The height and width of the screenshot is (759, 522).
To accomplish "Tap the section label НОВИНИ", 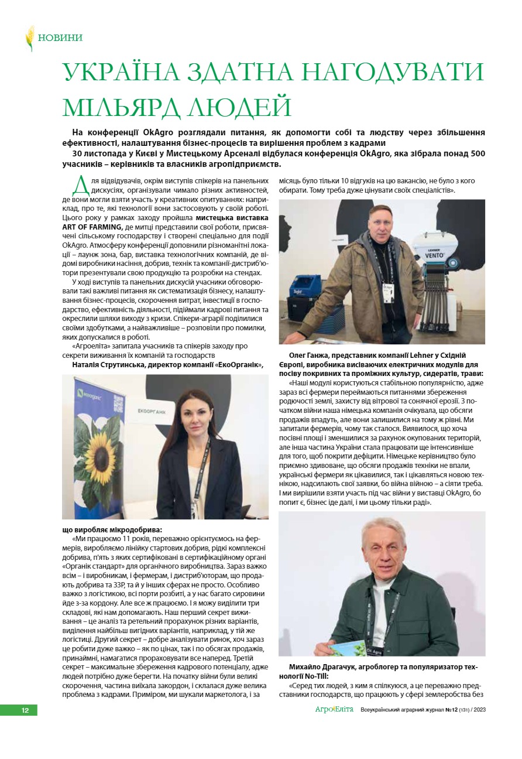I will click(60, 38).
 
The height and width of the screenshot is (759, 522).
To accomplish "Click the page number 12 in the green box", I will click(25, 710).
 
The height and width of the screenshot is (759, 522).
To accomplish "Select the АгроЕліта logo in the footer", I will click(335, 710).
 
